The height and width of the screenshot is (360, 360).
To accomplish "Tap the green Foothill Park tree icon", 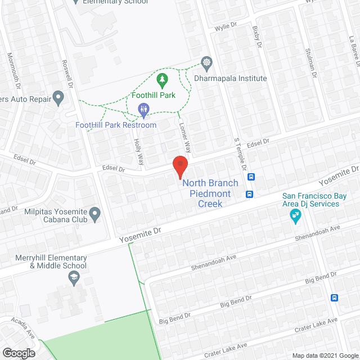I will coord(162,80).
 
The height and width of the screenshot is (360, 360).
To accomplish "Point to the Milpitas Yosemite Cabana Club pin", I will coord(95,213).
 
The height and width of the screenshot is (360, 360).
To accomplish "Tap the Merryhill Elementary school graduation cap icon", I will coord(73,277).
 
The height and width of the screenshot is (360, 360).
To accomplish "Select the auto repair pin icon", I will coord(57,100).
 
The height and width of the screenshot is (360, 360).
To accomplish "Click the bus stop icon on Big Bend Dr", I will coord(335,298).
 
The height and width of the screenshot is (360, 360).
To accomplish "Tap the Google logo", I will coord(18,353).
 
